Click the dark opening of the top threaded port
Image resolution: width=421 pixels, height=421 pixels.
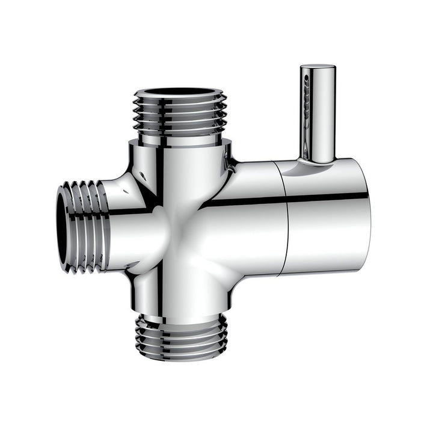click(180, 93)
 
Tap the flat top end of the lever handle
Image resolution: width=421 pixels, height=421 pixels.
click(318, 67)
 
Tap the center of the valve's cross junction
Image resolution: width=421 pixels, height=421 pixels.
click(180, 223)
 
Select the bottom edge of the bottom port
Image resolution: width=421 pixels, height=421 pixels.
click(181, 358)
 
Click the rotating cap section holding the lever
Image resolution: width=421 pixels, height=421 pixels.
click(328, 217)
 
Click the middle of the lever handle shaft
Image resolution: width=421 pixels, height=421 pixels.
click(318, 114)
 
